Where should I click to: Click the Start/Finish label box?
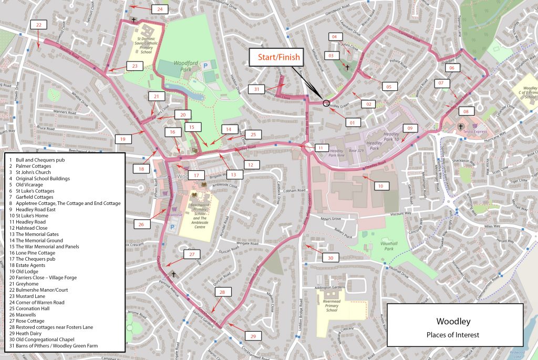278,57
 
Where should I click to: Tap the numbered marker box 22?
38,25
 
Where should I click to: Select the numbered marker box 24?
160,9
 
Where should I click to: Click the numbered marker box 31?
256,89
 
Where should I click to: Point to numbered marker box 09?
410,128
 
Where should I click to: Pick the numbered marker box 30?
330,258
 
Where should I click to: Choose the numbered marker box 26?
141,224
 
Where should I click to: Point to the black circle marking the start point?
326,103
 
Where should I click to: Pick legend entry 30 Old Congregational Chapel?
45,339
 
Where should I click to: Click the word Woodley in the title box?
454,321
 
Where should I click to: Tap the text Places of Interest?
454,334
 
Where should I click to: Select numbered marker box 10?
380,186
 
